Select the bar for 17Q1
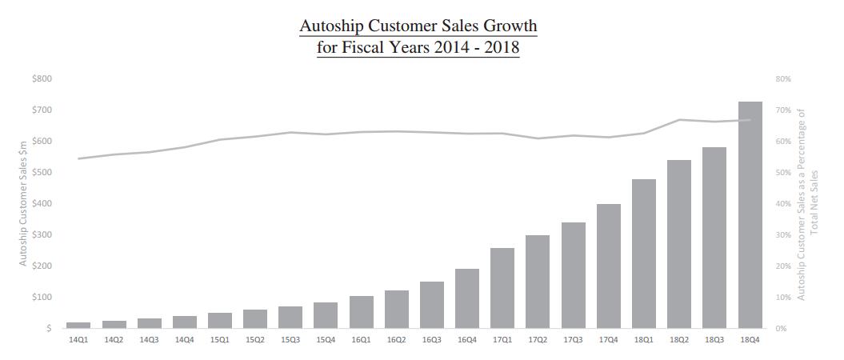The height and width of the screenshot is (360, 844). pos(502,288)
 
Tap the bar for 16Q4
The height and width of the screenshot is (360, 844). pos(466,298)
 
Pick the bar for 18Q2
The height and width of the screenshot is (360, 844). pos(679,244)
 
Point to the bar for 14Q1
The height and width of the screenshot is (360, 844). pos(78,325)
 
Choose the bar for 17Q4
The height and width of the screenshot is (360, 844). pos(608,266)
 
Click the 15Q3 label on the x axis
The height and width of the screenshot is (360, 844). pos(290,340)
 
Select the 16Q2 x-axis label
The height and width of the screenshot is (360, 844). pos(396,340)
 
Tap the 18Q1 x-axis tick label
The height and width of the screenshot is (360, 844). pos(643,340)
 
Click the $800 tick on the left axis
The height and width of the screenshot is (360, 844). pos(42,78)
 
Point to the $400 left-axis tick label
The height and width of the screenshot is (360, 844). pos(42,203)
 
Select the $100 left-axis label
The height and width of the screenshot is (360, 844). pos(42,297)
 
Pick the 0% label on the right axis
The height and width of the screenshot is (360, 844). pos(781,328)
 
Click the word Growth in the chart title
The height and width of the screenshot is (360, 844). pos(502,26)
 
